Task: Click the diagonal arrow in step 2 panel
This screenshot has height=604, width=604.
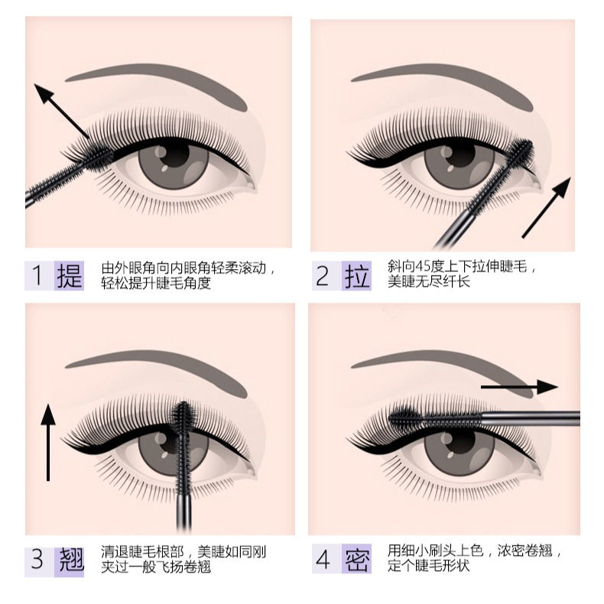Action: [x=547, y=207]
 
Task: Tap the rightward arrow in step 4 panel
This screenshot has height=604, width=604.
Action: [x=519, y=388]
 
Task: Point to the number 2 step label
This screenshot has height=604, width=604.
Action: [x=323, y=275]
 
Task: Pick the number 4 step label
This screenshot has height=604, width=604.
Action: [x=323, y=560]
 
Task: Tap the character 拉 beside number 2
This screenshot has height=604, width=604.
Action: [x=356, y=275]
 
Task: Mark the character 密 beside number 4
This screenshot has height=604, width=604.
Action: [x=356, y=560]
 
